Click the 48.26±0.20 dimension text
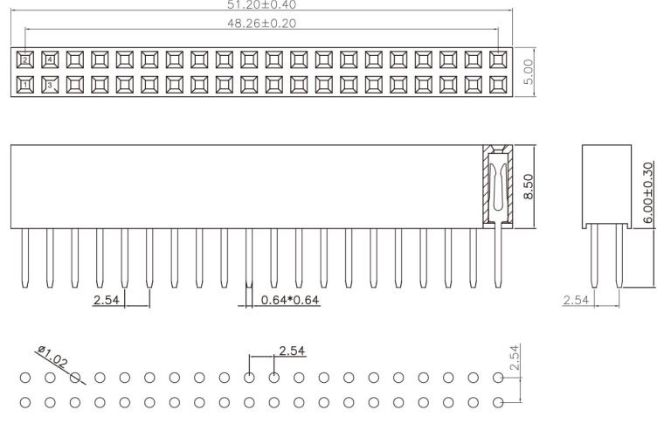[x=260, y=24]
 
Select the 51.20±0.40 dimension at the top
[x=260, y=4]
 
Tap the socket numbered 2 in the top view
[x=25, y=59]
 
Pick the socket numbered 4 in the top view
[x=50, y=59]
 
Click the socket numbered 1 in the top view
[x=25, y=85]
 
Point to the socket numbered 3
[x=50, y=85]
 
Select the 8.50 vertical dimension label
[x=527, y=185]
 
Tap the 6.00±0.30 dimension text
[x=647, y=192]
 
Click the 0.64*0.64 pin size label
[x=290, y=301]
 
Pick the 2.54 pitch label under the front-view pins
[x=107, y=301]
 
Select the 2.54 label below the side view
[x=575, y=300]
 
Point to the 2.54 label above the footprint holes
[x=292, y=351]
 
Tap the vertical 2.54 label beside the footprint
[x=515, y=358]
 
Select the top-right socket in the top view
[x=499, y=59]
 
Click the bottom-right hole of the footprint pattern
[x=498, y=403]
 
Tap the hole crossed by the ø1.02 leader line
[x=75, y=378]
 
